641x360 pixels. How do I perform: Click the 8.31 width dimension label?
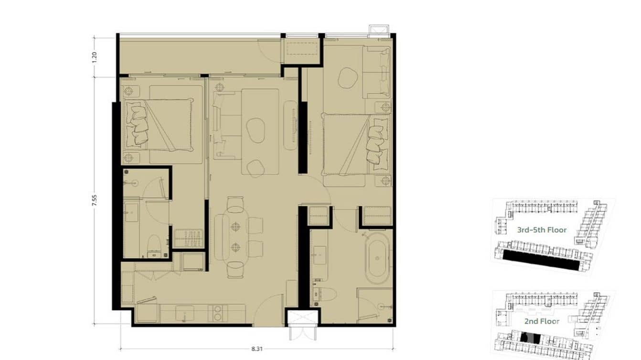[257, 349]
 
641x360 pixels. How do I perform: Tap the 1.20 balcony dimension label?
[95, 57]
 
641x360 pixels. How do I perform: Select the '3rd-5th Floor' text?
[542, 230]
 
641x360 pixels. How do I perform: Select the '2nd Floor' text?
[542, 321]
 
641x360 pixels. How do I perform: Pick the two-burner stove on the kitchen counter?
[217, 312]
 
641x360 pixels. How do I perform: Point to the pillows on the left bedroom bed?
[138, 125]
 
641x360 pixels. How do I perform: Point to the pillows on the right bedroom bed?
[378, 144]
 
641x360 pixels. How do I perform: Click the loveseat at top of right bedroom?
[378, 72]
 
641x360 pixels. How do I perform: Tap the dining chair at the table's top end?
[236, 205]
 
